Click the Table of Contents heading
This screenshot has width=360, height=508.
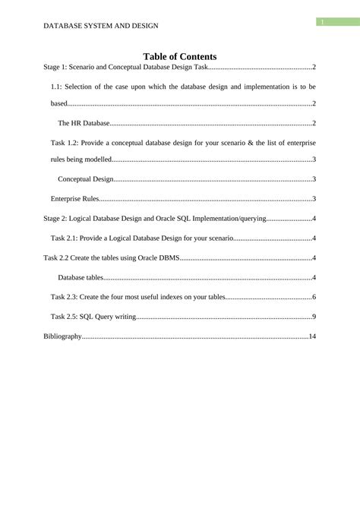click(180, 56)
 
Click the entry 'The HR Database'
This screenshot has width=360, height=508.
click(84, 122)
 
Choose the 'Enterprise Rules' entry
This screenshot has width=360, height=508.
click(75, 199)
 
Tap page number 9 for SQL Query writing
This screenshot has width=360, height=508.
click(314, 316)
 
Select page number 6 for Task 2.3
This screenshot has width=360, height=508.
click(314, 297)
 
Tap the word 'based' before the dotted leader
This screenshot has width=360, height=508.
click(58, 103)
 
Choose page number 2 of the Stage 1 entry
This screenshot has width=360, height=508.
click(314, 68)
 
